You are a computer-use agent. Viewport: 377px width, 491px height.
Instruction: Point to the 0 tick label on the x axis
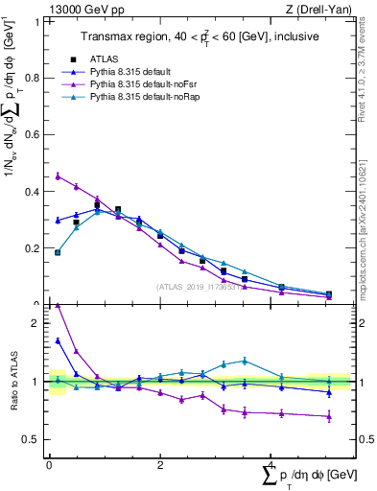49,464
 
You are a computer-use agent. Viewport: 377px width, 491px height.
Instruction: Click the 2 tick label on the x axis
160,464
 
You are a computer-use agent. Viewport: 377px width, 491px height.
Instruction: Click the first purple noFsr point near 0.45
59,176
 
